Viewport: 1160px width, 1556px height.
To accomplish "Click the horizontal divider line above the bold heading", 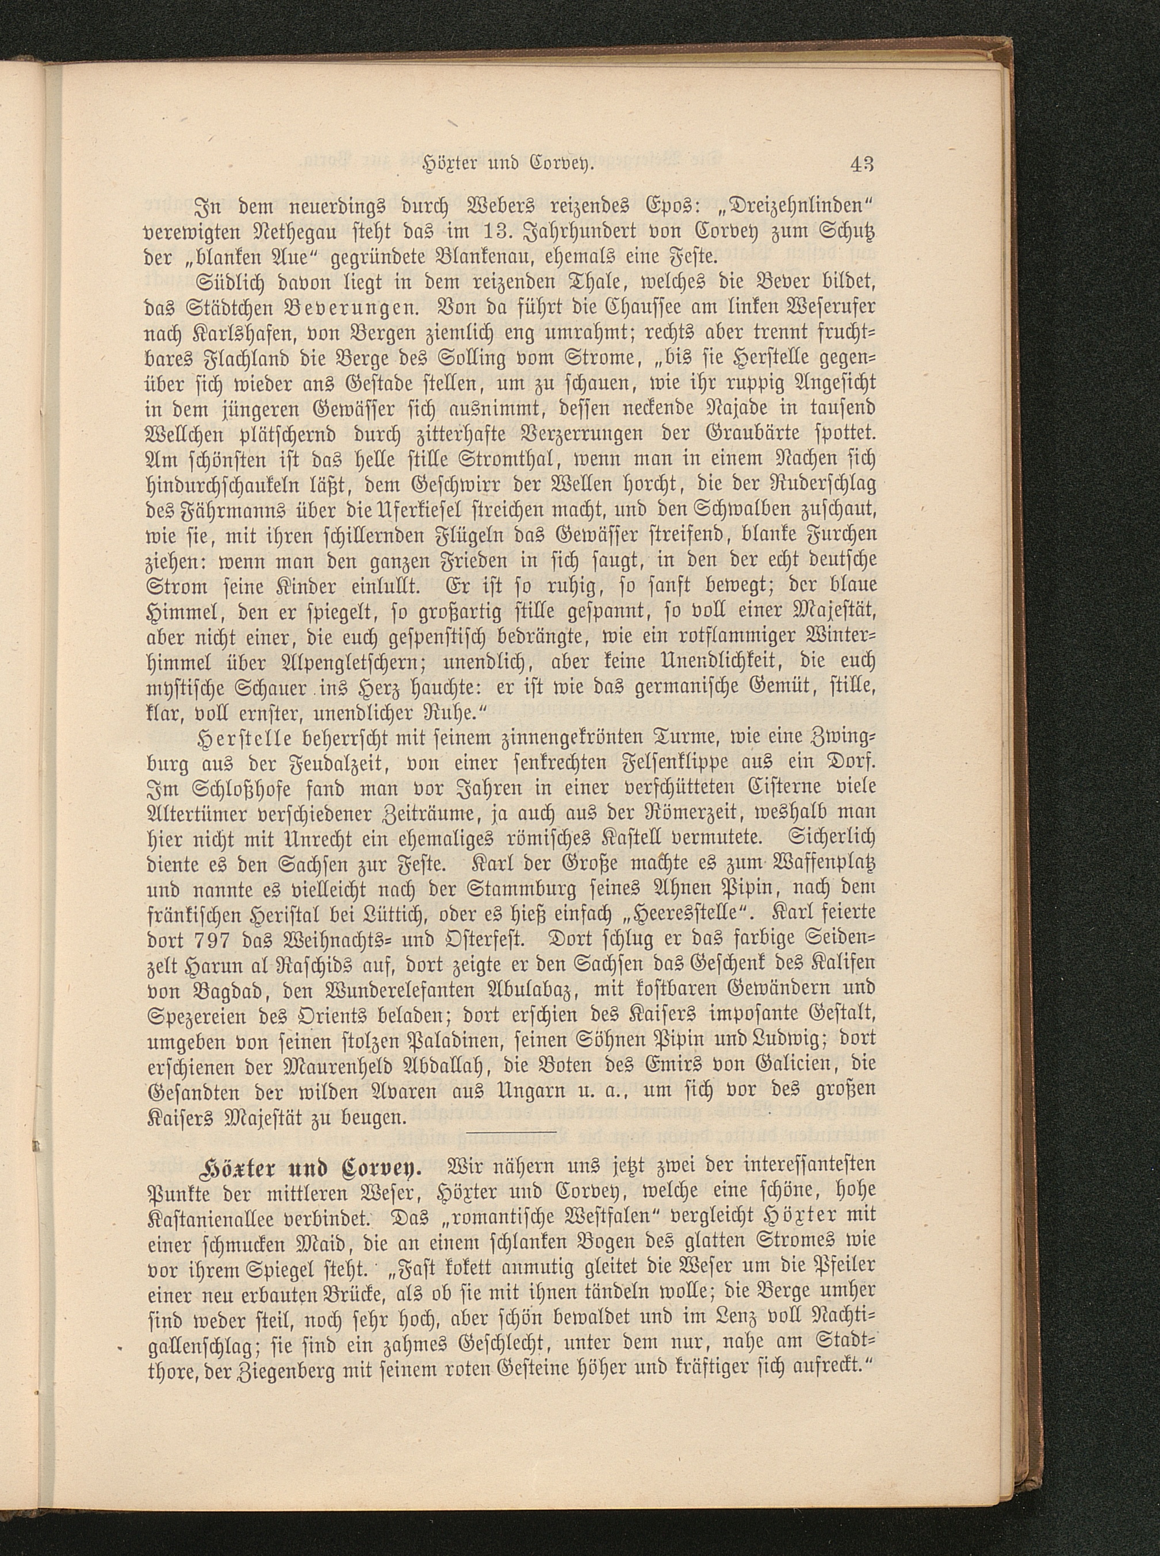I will [511, 1131].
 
